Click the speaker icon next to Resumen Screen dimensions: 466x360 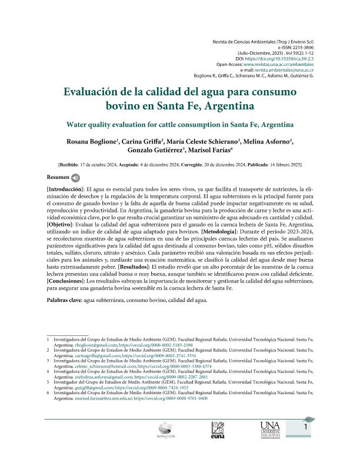pyautogui.click(x=75, y=177)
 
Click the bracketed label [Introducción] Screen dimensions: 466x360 pyautogui.click(x=68, y=187)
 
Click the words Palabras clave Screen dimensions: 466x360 pyautogui.click(x=64, y=301)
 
